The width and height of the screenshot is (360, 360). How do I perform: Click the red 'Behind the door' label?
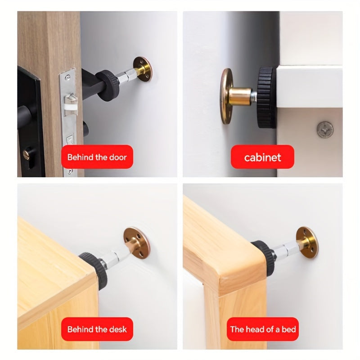click(97, 157)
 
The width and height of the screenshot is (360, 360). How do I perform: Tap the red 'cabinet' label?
click(262, 157)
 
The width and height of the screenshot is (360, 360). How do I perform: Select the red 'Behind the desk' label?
click(97, 329)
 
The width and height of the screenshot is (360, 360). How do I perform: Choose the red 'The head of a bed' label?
click(263, 329)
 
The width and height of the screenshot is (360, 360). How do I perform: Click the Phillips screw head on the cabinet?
click(325, 130)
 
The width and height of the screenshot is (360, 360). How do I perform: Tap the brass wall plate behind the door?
click(143, 69)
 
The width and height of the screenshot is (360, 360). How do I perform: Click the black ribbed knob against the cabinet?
click(266, 98)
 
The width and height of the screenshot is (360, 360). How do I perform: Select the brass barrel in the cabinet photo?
click(240, 97)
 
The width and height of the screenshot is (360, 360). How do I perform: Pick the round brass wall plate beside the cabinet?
click(226, 96)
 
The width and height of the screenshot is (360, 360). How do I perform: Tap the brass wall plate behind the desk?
click(136, 243)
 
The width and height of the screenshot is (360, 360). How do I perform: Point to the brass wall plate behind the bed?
click(307, 242)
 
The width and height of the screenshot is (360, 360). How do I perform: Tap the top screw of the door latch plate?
click(67, 77)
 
